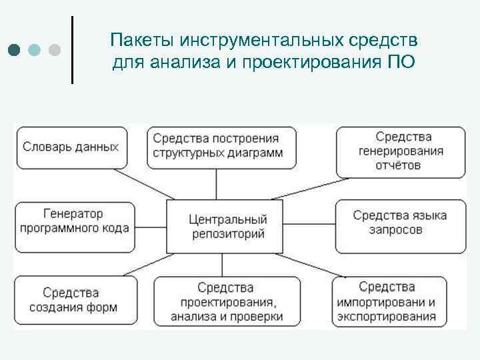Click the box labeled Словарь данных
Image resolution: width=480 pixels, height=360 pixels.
coord(71,147)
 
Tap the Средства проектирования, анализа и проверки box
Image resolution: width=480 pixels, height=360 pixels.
coord(226,301)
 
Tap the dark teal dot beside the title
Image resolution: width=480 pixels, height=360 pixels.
coord(15,50)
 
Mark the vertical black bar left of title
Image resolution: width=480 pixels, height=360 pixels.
coord(71,49)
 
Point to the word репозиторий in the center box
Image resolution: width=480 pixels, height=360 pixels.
coord(228,233)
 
